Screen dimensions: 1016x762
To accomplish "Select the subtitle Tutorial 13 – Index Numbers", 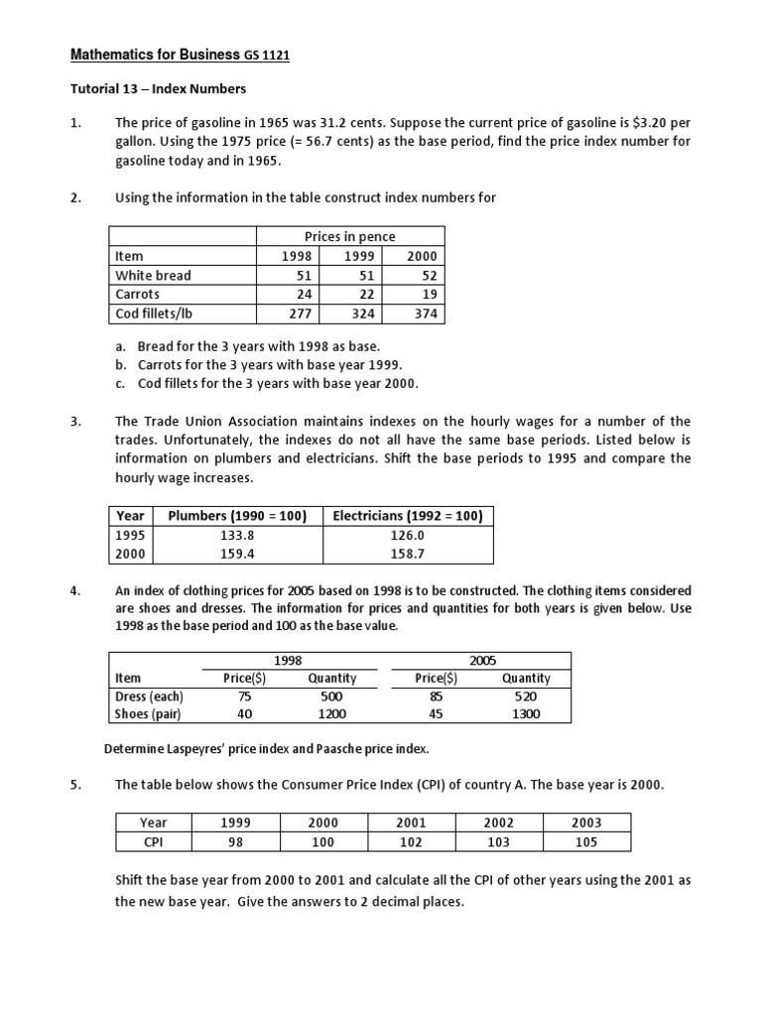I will click(x=157, y=89).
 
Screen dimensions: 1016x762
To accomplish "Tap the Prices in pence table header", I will click(x=350, y=236).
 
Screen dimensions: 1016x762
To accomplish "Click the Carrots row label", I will click(x=137, y=295).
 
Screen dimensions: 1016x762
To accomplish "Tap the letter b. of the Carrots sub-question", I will click(x=120, y=365).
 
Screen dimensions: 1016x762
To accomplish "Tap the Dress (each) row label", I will click(x=150, y=697).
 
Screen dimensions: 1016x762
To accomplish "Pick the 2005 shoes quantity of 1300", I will click(x=525, y=714).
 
